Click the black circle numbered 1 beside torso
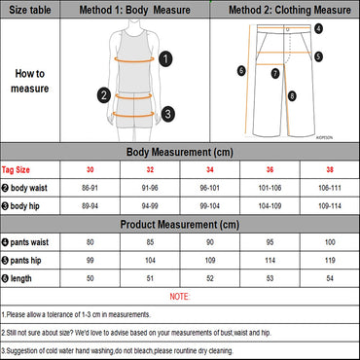(x=166, y=59)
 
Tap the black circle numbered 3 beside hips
(x=167, y=113)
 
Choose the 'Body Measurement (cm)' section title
(x=179, y=152)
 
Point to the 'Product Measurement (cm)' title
(x=179, y=224)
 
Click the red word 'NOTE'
(x=179, y=296)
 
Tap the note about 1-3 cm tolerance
(x=92, y=314)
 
